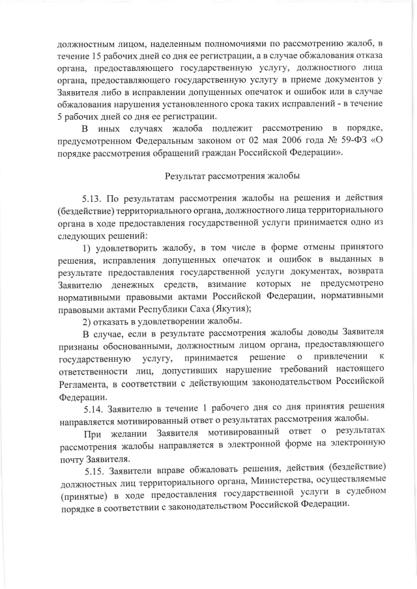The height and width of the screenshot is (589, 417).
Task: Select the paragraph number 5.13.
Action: [x=93, y=197]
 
